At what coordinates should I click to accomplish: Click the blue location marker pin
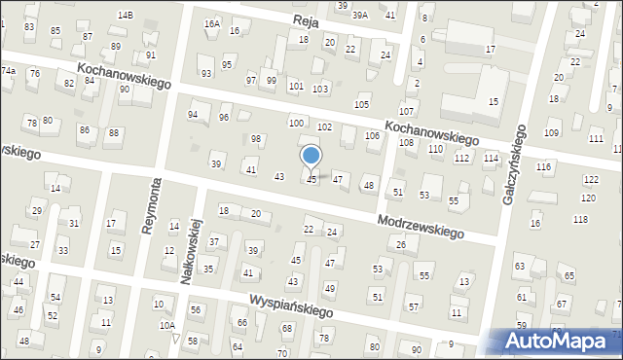[x=311, y=156]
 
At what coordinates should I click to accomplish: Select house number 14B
[x=125, y=16]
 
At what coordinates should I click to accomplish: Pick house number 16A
[x=211, y=23]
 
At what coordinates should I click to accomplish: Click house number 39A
[x=360, y=15]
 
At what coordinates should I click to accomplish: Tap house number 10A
[x=167, y=326]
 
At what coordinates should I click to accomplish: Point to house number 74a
[x=8, y=71]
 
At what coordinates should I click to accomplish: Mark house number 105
[x=362, y=104]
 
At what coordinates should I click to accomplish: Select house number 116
[x=543, y=167]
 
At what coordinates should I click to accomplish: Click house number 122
[x=591, y=180]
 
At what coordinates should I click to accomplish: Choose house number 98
[x=256, y=139]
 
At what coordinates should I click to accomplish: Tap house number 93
[x=205, y=74]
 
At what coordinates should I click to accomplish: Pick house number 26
[x=401, y=244]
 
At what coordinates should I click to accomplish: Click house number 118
[x=581, y=220]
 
